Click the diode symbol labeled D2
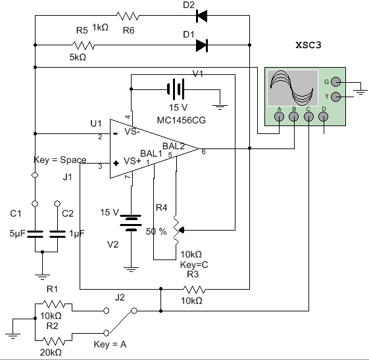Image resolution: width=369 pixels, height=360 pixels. pyautogui.click(x=202, y=16)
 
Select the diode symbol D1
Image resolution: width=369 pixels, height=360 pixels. pyautogui.click(x=202, y=45)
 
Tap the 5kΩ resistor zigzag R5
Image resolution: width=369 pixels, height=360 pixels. pyautogui.click(x=83, y=45)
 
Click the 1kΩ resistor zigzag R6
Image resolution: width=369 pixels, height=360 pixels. pyautogui.click(x=128, y=16)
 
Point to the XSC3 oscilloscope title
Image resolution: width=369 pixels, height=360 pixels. pyautogui.click(x=308, y=45)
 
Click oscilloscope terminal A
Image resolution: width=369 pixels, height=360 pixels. pyautogui.click(x=280, y=116)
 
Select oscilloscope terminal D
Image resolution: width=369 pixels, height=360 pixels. pyautogui.click(x=324, y=116)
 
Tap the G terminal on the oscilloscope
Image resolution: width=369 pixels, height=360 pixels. pyautogui.click(x=336, y=82)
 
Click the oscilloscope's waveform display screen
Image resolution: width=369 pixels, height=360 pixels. pyautogui.click(x=293, y=87)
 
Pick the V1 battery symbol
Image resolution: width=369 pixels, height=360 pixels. pyautogui.click(x=176, y=89)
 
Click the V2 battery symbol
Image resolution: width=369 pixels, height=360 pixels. pyautogui.click(x=131, y=223)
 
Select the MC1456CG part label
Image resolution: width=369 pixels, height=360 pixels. pyautogui.click(x=181, y=120)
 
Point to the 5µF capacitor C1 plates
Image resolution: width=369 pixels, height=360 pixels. pyautogui.click(x=36, y=234)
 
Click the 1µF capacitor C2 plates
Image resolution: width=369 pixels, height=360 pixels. pyautogui.click(x=57, y=234)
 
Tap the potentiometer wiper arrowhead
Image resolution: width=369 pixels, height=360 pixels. pyautogui.click(x=181, y=230)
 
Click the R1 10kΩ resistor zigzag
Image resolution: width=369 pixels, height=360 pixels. pyautogui.click(x=53, y=304)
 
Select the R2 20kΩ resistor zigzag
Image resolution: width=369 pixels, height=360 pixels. pyautogui.click(x=53, y=340)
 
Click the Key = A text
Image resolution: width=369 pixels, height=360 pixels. pyautogui.click(x=110, y=344)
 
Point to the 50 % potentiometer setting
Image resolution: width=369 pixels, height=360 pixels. pyautogui.click(x=157, y=231)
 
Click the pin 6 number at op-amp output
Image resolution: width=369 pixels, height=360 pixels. pyautogui.click(x=203, y=152)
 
